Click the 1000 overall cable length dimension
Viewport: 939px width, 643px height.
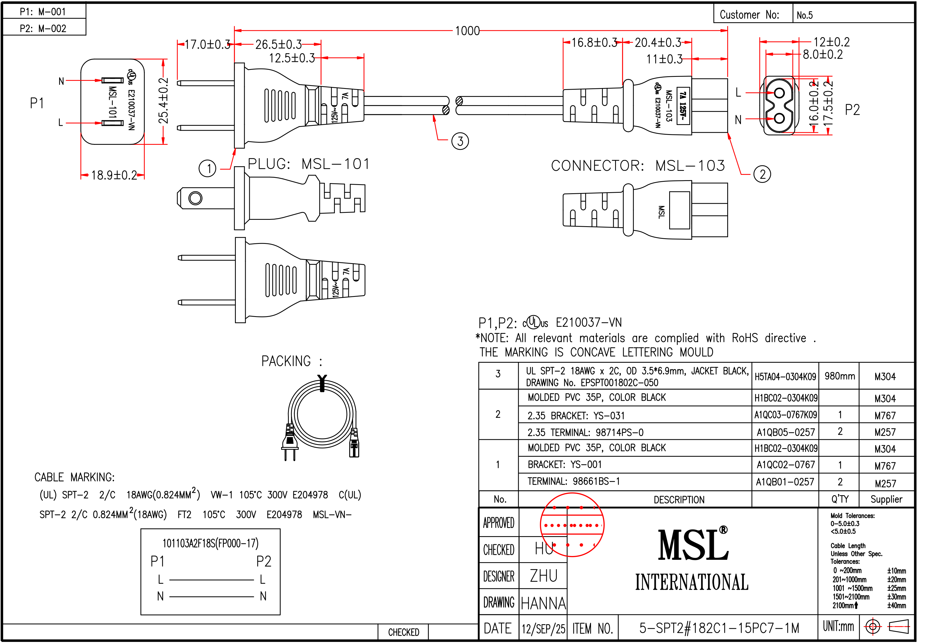click(x=467, y=31)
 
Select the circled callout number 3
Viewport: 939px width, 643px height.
click(x=460, y=141)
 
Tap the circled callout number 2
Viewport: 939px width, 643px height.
click(x=762, y=174)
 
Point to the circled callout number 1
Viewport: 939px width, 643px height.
click(x=208, y=168)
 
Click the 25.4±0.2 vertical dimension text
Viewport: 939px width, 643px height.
click(x=163, y=101)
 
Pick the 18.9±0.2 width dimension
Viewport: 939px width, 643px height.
click(x=114, y=175)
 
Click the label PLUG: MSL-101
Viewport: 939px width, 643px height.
click(x=308, y=164)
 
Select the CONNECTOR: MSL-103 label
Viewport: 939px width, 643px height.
click(x=638, y=166)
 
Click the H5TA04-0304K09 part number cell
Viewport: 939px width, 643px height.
click(x=785, y=377)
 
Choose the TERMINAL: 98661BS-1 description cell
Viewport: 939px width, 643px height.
click(x=573, y=481)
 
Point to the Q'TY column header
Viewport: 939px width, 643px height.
click(x=840, y=499)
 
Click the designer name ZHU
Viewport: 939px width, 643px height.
click(x=543, y=576)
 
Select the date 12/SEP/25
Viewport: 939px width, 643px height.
click(x=543, y=629)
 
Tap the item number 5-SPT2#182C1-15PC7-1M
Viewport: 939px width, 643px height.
click(x=719, y=628)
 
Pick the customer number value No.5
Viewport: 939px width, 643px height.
click(x=804, y=15)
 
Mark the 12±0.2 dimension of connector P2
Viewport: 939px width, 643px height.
click(x=831, y=42)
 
